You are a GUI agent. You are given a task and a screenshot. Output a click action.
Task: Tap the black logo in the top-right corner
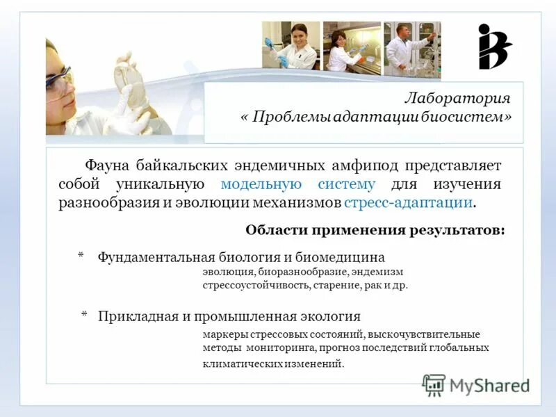(494, 47)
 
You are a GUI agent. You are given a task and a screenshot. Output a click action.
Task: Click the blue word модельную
(261, 184)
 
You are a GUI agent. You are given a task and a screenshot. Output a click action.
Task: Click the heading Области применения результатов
(375, 230)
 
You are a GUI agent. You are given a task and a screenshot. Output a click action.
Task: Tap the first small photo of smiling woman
(291, 45)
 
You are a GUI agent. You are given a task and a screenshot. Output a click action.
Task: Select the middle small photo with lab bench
(352, 47)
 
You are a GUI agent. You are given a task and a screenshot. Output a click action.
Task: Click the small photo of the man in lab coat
(412, 47)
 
